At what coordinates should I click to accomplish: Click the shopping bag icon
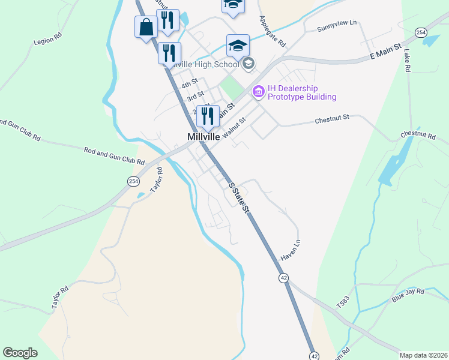point(146,27)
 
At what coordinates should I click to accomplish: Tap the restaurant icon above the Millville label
point(208,116)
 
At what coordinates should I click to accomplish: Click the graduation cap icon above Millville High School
point(238,45)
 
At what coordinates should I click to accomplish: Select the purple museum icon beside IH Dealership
point(259,92)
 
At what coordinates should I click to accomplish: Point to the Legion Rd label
point(49,38)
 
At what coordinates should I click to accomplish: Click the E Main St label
point(385,56)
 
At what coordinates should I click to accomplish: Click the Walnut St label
point(234,128)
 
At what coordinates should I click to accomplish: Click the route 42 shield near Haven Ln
point(284,277)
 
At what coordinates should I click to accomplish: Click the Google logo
point(20,353)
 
